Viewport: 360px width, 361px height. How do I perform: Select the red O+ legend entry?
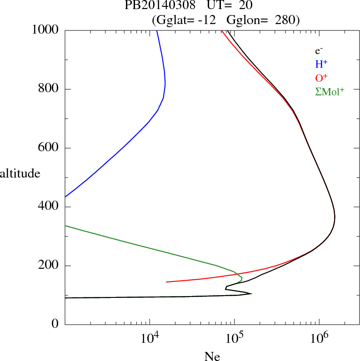pyautogui.click(x=322, y=78)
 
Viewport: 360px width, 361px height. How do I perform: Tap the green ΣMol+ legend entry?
pyautogui.click(x=330, y=91)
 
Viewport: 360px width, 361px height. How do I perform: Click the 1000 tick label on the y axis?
pyautogui.click(x=45, y=30)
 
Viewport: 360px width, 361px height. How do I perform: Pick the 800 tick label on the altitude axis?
pyautogui.click(x=49, y=89)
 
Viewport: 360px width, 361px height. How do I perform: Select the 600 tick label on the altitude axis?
pyautogui.click(x=49, y=148)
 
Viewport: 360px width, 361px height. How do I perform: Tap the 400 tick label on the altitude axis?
pyautogui.click(x=49, y=207)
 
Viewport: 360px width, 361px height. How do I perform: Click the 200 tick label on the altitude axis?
pyautogui.click(x=49, y=266)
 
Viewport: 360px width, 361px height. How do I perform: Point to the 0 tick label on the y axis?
pyautogui.click(x=55, y=325)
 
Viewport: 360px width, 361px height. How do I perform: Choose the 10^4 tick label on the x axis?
pyautogui.click(x=150, y=337)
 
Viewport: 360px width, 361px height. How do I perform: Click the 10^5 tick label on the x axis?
pyautogui.click(x=234, y=337)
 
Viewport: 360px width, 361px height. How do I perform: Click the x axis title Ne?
pyautogui.click(x=212, y=357)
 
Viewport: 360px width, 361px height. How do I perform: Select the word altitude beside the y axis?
pyautogui.click(x=20, y=173)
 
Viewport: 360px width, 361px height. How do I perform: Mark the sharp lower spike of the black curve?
pyautogui.click(x=251, y=294)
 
